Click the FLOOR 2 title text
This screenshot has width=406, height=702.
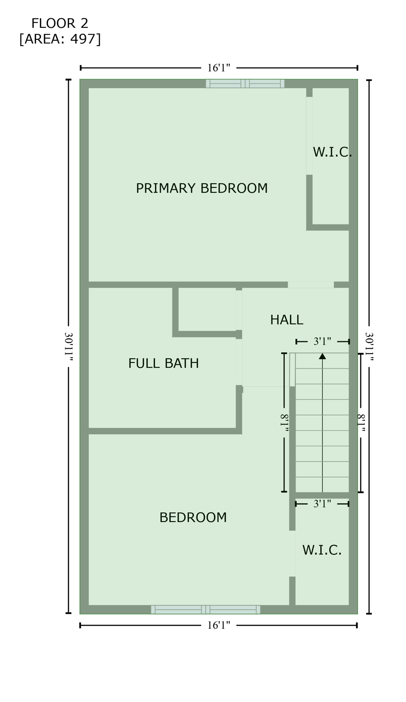(60, 23)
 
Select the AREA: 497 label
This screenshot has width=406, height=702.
(60, 39)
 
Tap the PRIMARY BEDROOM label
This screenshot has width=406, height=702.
(202, 188)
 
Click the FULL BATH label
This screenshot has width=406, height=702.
(163, 363)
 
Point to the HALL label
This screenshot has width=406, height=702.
(286, 320)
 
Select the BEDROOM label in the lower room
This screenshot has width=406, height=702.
(192, 517)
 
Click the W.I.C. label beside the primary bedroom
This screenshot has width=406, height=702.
(332, 152)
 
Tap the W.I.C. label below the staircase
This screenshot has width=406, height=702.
(322, 550)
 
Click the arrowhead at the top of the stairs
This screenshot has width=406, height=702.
(322, 356)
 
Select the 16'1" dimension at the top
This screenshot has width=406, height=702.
(219, 68)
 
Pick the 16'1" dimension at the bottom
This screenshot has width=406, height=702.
(219, 625)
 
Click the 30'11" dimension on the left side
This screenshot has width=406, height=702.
(69, 346)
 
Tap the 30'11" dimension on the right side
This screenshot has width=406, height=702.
(369, 346)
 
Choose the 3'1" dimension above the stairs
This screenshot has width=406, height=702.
(322, 341)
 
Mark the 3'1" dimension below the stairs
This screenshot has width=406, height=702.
(322, 504)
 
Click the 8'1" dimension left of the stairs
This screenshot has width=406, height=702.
(284, 423)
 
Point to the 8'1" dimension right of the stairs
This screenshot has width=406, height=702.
(361, 423)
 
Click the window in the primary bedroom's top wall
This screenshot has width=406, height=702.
(245, 84)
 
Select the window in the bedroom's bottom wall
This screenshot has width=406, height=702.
(205, 610)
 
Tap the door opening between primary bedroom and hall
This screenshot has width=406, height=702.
(311, 285)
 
